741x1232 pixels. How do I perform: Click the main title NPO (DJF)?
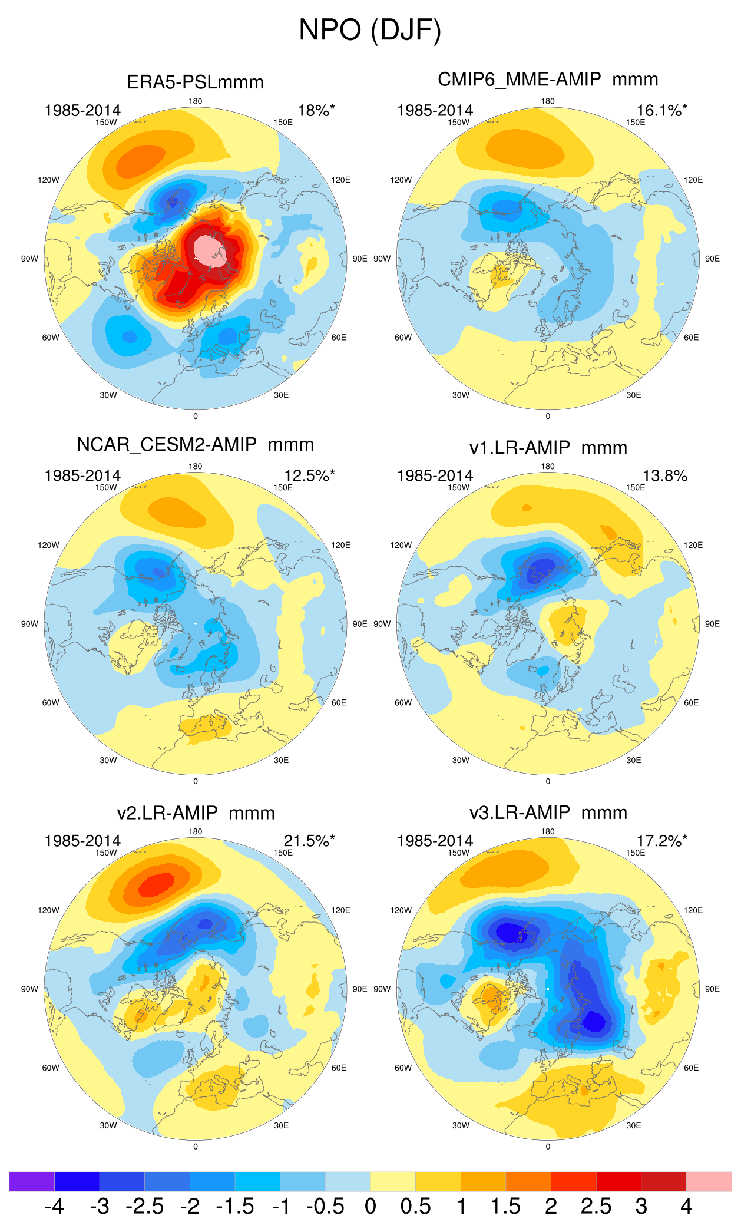pos(370,29)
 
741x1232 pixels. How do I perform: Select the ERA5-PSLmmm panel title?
pos(195,82)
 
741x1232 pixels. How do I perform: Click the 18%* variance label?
pos(316,111)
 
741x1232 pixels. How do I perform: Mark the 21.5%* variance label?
pos(309,841)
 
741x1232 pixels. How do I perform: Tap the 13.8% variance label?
pos(664,476)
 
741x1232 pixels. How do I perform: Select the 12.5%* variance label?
pos(309,476)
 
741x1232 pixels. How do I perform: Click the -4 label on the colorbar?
pos(54,1207)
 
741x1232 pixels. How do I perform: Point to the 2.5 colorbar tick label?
pos(596,1207)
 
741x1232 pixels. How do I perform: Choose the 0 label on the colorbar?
pos(370,1207)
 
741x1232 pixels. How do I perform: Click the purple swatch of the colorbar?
pos(32,1181)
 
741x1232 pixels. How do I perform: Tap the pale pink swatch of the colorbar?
pos(709,1181)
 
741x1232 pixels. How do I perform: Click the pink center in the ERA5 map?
pos(209,250)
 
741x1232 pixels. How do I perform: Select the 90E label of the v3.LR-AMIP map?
pos(712,989)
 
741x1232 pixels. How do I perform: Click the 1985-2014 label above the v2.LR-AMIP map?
pos(82,841)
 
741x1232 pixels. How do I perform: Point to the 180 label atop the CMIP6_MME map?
pos(548,101)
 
